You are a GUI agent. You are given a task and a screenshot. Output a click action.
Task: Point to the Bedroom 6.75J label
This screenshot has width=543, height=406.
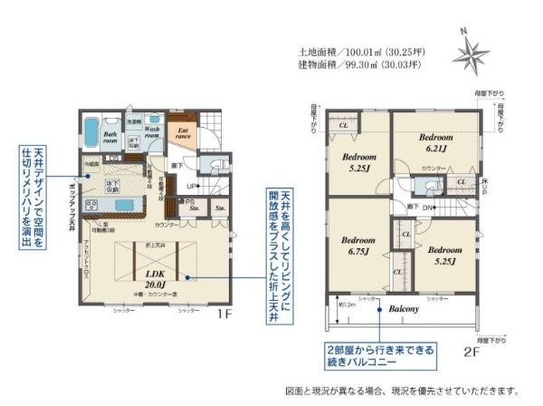point(358,246)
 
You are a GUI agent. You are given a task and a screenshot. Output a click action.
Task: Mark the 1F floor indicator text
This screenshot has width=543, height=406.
point(225,318)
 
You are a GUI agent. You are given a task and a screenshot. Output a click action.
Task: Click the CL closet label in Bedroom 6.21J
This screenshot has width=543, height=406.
point(461,182)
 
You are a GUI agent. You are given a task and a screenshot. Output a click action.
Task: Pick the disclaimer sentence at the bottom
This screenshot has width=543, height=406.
point(402,391)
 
